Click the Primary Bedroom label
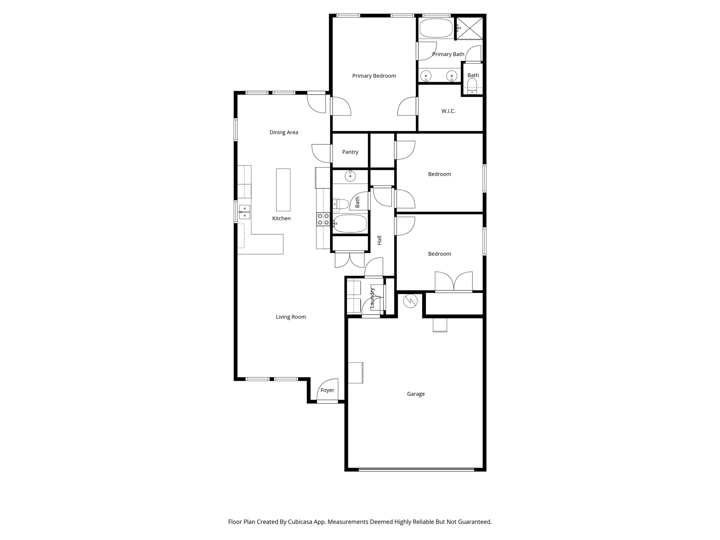[374, 76]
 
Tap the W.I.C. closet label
[448, 111]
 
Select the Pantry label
[350, 152]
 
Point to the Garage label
[416, 394]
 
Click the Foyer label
[327, 390]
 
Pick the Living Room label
[291, 317]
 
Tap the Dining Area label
[284, 133]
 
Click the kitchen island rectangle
[283, 189]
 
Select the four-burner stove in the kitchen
[323, 219]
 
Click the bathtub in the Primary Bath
[436, 28]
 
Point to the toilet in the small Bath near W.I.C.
[472, 86]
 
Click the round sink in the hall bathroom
[350, 176]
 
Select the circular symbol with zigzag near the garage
[410, 301]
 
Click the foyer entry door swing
[328, 390]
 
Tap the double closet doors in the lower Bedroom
[454, 281]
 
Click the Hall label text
[379, 240]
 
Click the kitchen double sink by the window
[244, 212]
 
